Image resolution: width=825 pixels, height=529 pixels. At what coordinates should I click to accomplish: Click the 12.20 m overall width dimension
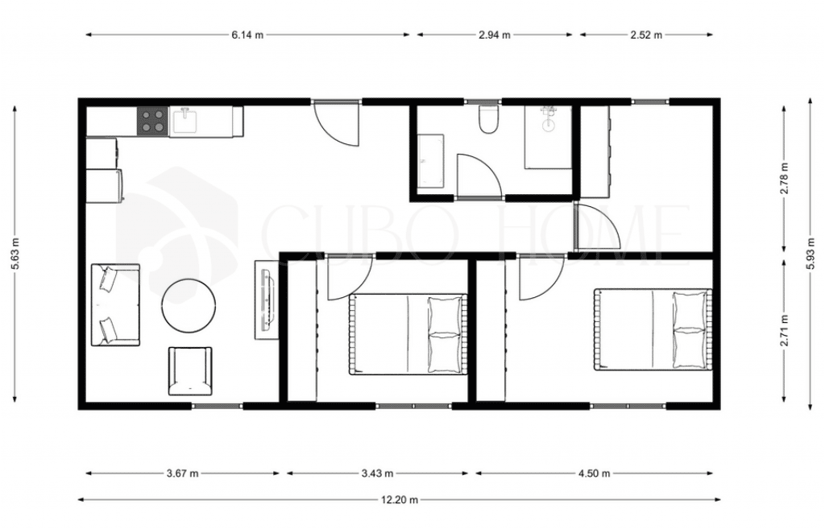pos(400,499)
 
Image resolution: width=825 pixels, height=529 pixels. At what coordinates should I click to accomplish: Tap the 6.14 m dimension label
pos(247,35)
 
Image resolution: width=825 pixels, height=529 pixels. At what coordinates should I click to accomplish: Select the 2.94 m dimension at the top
pos(495,35)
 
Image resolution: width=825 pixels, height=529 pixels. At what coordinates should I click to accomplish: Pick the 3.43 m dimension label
pos(377,473)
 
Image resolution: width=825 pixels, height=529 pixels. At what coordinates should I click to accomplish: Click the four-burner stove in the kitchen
pos(153,122)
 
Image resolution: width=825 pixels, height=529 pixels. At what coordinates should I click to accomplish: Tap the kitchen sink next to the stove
pos(184,121)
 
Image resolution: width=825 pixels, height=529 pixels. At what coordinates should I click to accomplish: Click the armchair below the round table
pos(190,371)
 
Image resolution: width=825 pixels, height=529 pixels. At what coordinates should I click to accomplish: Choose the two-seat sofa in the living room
pos(116,305)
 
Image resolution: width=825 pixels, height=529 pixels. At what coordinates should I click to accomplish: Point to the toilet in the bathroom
pos(487,119)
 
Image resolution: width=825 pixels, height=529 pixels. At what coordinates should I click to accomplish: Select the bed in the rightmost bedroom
pos(653,329)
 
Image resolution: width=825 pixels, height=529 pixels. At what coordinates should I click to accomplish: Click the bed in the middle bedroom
pos(408,334)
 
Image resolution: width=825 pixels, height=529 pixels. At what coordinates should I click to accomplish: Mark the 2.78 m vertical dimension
pos(785,178)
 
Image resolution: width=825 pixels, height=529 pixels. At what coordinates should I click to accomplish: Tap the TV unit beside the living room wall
pos(267,300)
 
